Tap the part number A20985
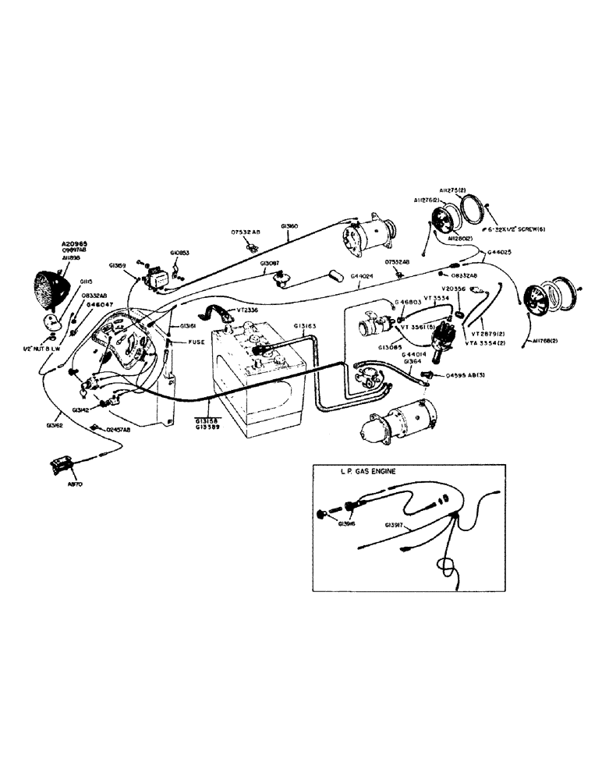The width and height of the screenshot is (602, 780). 75,243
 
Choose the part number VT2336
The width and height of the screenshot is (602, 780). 249,310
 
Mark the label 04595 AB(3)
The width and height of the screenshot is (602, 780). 469,375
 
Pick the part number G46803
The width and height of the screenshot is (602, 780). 408,301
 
